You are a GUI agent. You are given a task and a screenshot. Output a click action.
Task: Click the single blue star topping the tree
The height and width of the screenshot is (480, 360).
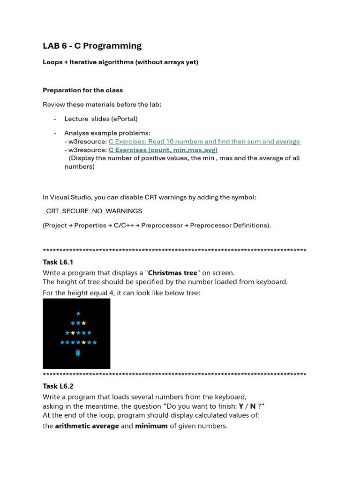78,314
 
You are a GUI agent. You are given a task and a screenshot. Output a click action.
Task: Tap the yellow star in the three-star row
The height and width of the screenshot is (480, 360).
83,323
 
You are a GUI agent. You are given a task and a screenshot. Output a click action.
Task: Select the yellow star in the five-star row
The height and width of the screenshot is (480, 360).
73,333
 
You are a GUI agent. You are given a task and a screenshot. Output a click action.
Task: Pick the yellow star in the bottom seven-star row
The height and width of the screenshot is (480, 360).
83,343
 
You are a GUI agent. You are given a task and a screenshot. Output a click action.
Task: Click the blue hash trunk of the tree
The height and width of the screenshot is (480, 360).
78,353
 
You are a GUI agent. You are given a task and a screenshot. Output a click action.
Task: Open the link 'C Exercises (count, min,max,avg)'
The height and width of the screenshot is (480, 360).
163,150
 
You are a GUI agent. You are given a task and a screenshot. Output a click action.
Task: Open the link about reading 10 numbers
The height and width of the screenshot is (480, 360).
204,142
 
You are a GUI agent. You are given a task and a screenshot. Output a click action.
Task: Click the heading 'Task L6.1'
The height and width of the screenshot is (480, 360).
58,262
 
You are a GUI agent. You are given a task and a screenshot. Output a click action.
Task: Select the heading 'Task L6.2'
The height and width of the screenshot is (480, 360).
58,386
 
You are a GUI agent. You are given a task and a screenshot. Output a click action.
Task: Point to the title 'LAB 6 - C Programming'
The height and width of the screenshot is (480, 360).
92,45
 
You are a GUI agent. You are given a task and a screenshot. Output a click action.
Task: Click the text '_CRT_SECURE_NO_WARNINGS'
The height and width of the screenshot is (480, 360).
92,211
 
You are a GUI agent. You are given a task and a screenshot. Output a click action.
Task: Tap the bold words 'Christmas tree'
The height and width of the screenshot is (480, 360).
172,273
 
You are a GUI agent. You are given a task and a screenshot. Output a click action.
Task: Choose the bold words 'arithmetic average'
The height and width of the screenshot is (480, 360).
87,426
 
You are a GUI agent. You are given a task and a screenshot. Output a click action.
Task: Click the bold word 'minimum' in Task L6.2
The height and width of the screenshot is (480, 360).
151,426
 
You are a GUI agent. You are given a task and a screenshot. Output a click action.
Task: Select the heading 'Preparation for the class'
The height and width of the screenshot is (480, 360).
82,90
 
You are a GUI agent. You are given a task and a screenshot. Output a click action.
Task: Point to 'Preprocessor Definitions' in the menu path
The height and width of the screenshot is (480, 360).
229,225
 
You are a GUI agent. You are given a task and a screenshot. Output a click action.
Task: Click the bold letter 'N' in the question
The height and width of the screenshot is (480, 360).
253,406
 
